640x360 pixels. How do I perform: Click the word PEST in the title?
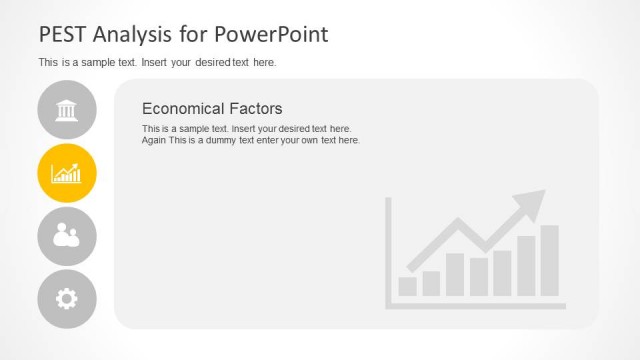[x=61, y=35]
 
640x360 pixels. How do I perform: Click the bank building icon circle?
[x=67, y=109]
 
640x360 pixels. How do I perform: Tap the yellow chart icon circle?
[x=67, y=173]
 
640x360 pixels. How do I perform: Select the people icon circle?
[x=67, y=236]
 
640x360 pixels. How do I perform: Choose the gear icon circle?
[x=67, y=299]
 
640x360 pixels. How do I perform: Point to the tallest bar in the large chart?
[x=550, y=260]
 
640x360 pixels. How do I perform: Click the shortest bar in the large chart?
[x=408, y=286]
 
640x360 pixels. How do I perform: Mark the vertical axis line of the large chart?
[x=388, y=250]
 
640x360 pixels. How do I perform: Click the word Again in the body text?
[x=156, y=140]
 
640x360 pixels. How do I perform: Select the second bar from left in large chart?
[x=431, y=283]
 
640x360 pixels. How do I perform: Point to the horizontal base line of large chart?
[x=476, y=305]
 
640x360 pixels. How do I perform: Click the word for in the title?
[x=188, y=35]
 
